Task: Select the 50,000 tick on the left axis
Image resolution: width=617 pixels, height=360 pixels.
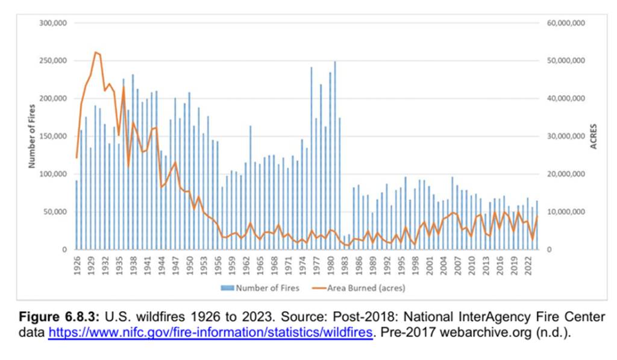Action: pyautogui.click(x=56, y=212)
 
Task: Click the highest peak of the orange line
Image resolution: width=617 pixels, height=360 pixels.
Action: pyautogui.click(x=95, y=52)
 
